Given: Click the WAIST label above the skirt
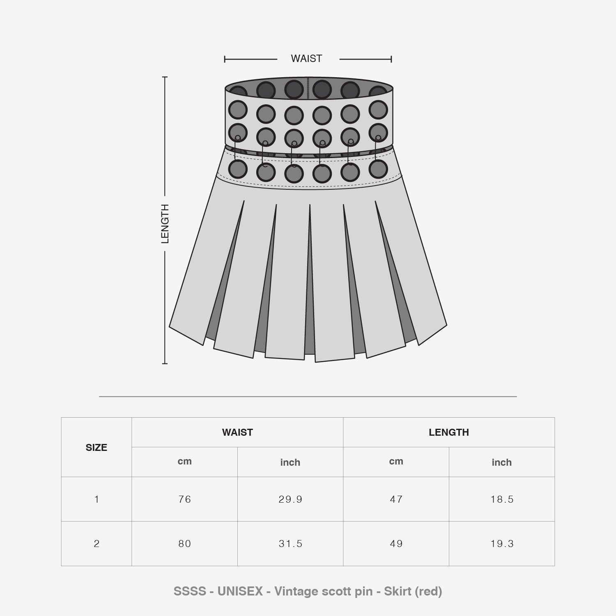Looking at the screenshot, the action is (x=306, y=59).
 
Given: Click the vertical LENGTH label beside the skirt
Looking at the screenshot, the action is (x=165, y=224).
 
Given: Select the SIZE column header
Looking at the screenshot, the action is (x=97, y=448).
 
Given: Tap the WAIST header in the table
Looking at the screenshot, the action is (x=237, y=432).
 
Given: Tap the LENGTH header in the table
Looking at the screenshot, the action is (x=449, y=432).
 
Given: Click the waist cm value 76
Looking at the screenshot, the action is (x=185, y=499).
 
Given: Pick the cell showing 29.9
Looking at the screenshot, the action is (x=290, y=499).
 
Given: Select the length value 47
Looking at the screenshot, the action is (x=396, y=499).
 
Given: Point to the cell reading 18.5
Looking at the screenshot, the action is (x=502, y=499).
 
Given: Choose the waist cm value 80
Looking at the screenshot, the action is (x=185, y=544).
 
